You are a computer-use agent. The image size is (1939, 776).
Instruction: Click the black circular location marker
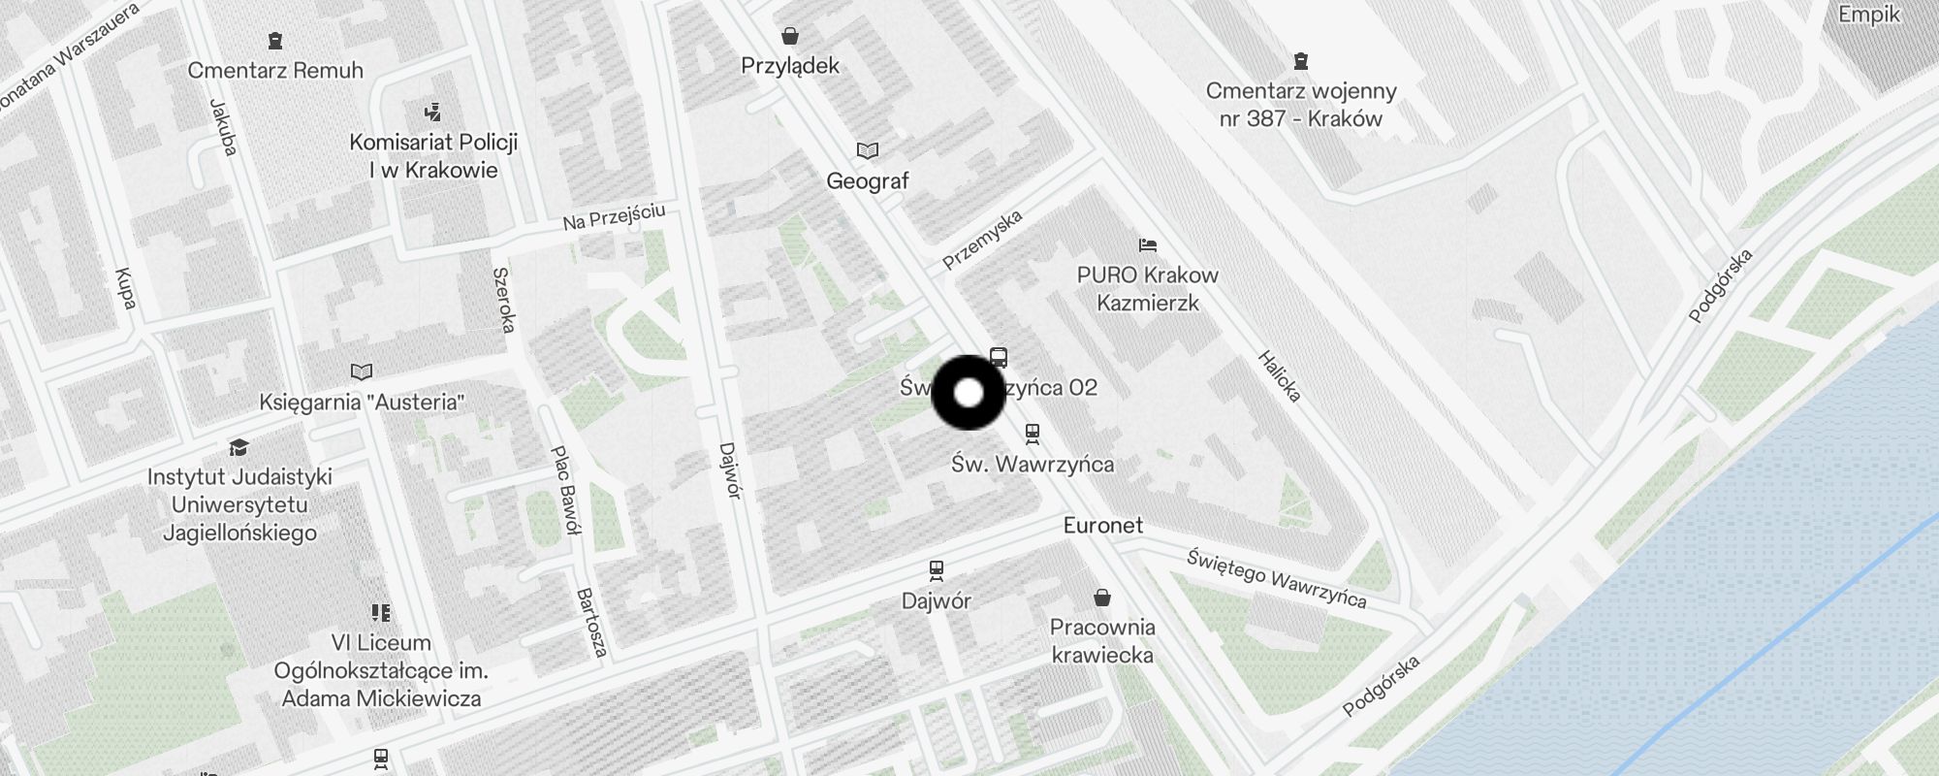[x=968, y=393]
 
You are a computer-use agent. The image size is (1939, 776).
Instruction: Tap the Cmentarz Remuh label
[x=275, y=70]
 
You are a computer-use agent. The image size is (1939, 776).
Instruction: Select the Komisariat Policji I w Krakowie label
[x=433, y=156]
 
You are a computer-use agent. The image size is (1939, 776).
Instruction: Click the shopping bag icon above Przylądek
[x=790, y=37]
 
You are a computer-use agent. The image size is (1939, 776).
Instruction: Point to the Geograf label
[x=868, y=180]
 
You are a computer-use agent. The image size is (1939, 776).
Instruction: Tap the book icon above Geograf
[x=868, y=150]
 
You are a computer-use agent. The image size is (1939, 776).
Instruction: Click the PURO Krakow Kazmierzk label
[x=1148, y=289]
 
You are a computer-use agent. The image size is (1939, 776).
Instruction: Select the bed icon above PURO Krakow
[x=1148, y=244]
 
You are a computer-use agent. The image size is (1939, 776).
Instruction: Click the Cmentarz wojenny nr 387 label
[x=1301, y=105]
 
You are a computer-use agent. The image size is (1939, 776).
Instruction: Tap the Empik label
[x=1868, y=16]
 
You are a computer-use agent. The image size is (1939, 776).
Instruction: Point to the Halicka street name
[x=1279, y=376]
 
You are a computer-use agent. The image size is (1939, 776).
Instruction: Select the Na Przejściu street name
[x=614, y=217]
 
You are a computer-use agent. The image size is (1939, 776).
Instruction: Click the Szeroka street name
[x=503, y=301]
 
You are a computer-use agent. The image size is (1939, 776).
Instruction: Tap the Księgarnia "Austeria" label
[x=362, y=402]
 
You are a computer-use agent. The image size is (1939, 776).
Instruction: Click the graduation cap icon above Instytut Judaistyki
[x=238, y=447]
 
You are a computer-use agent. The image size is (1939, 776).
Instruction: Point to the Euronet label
[x=1103, y=526]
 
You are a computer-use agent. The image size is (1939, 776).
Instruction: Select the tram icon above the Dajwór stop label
[x=936, y=569]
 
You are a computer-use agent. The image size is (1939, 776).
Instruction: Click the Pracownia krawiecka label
[x=1102, y=640]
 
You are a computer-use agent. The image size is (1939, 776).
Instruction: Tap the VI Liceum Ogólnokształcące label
[x=381, y=670]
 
